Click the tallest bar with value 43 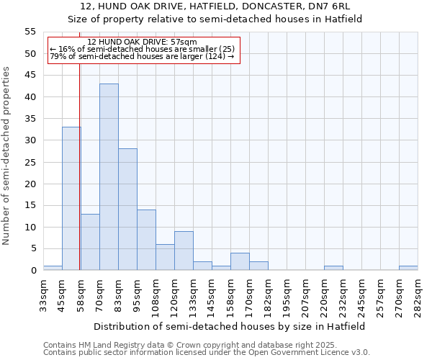tap(109, 177)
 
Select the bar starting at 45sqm tap(71, 199)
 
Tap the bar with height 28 tap(127, 210)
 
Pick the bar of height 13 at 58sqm tap(90, 242)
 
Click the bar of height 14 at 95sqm tap(146, 240)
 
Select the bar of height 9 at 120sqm tap(184, 251)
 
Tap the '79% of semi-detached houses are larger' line tap(142, 57)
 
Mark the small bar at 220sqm tap(333, 268)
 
